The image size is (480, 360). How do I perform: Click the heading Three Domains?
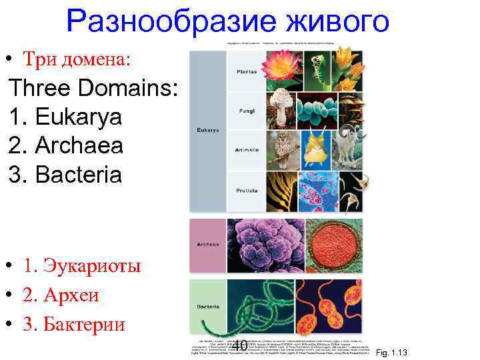pyautogui.click(x=93, y=88)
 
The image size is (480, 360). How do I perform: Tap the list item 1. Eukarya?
pyautogui.click(x=66, y=117)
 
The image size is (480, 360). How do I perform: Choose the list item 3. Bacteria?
pyautogui.click(x=66, y=175)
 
